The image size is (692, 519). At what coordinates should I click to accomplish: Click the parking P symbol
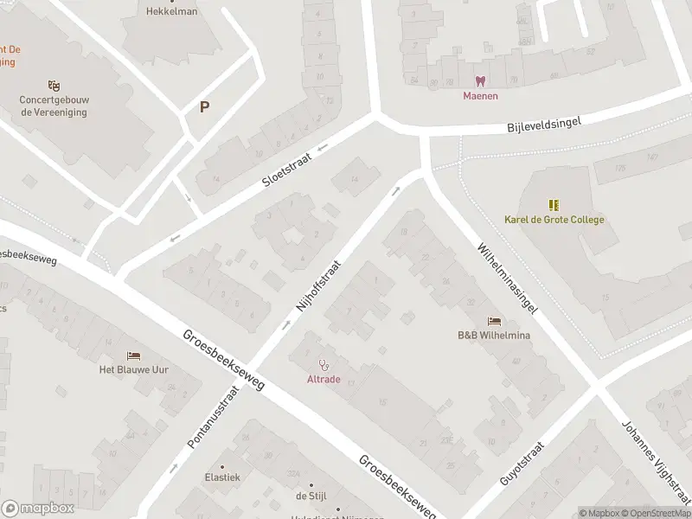coord(205,108)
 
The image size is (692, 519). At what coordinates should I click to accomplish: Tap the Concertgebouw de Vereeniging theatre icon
coord(54,85)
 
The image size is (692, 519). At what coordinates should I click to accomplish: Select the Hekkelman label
coord(171,12)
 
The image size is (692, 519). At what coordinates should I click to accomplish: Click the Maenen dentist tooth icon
coord(480,81)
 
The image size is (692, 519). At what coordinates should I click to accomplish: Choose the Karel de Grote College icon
coord(554,205)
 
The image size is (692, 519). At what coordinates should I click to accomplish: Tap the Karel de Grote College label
coord(554,220)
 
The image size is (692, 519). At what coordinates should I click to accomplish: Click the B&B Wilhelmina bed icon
coord(494,321)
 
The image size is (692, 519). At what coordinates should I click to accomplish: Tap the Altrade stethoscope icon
coord(324,365)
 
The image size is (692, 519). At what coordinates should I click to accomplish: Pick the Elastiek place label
coord(222,477)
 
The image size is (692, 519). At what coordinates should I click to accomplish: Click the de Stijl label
coord(309,496)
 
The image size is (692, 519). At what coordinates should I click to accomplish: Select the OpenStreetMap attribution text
coord(655,513)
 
